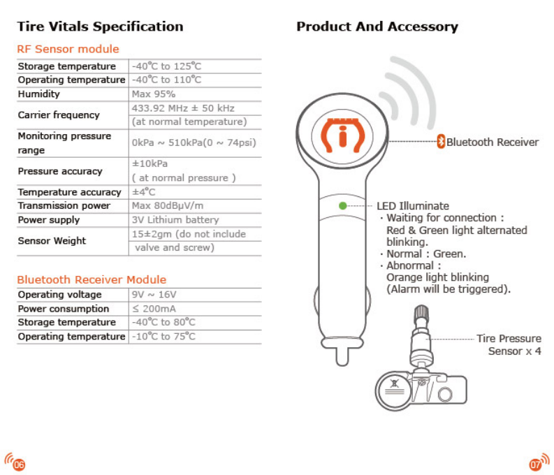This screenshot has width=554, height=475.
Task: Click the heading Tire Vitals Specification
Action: tap(100, 27)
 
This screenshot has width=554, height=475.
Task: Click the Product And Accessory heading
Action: tap(377, 27)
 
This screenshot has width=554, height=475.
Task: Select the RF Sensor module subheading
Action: tap(68, 49)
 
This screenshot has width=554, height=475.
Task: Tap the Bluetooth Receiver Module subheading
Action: tap(92, 280)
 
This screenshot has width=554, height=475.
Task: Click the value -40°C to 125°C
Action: tap(166, 66)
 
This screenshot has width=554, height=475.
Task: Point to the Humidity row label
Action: tap(39, 94)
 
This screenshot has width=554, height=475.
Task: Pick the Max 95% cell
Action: tap(154, 94)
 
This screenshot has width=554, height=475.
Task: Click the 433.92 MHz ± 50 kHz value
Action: tap(183, 108)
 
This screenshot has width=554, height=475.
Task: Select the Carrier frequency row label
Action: tap(59, 115)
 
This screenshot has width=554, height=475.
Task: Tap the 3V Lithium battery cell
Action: tap(175, 220)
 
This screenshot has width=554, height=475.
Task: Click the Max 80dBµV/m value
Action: tap(170, 206)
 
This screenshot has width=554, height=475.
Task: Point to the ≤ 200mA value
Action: tap(155, 309)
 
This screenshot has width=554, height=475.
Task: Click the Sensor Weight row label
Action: tap(52, 241)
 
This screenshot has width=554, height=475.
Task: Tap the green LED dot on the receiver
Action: tap(342, 206)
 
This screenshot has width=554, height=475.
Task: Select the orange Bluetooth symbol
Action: tap(441, 141)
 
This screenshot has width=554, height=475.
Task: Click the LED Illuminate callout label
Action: tap(413, 206)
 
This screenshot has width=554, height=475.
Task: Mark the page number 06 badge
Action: tap(15, 462)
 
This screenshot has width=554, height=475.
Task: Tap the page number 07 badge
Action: tap(539, 462)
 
